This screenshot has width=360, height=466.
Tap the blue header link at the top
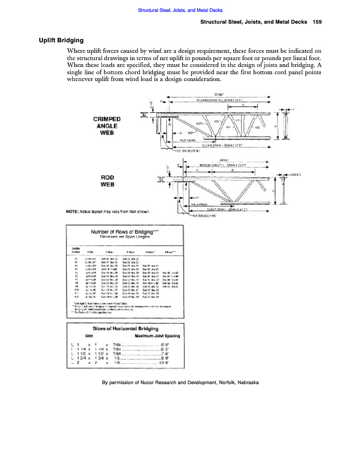pos(180,10)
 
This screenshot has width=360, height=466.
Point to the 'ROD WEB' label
pos(107,181)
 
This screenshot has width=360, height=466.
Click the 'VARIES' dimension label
pos(296,174)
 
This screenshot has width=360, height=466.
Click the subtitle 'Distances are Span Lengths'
pos(126,237)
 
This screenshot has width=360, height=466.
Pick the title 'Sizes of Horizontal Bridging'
pos(126,328)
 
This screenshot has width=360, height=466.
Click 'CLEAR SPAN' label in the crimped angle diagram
pos(214,145)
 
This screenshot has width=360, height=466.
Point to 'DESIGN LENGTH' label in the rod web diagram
pos(213,165)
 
